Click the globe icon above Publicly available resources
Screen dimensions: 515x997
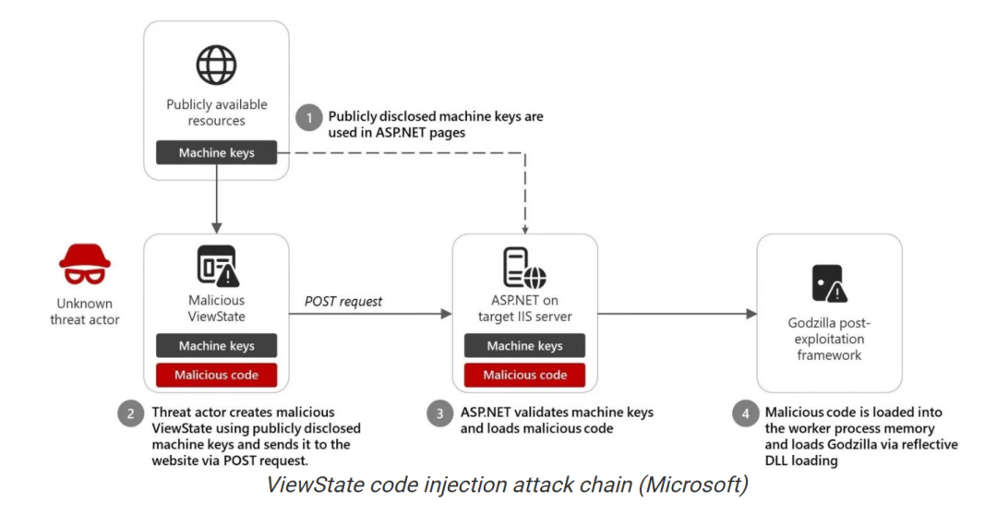coord(217,65)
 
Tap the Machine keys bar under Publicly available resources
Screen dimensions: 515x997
coord(217,152)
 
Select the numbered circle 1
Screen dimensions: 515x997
coord(308,117)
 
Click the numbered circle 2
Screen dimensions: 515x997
coord(131,413)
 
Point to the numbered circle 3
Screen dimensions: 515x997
coord(440,413)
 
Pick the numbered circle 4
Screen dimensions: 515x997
coord(745,413)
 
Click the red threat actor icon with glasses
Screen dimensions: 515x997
coord(85,264)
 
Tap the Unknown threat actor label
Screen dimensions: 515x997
coord(85,311)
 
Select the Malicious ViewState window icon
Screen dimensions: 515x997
coord(217,266)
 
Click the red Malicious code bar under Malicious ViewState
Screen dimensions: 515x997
coord(217,375)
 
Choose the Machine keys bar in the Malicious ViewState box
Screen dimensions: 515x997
coord(217,345)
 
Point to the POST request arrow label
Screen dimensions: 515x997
coord(343,301)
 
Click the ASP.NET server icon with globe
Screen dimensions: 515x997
coord(524,268)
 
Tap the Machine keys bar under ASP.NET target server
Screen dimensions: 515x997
coord(524,345)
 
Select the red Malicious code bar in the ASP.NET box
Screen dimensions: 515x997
coord(524,375)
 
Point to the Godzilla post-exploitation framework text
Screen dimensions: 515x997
coord(829,339)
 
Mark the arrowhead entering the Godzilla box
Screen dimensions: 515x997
coord(751,314)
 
